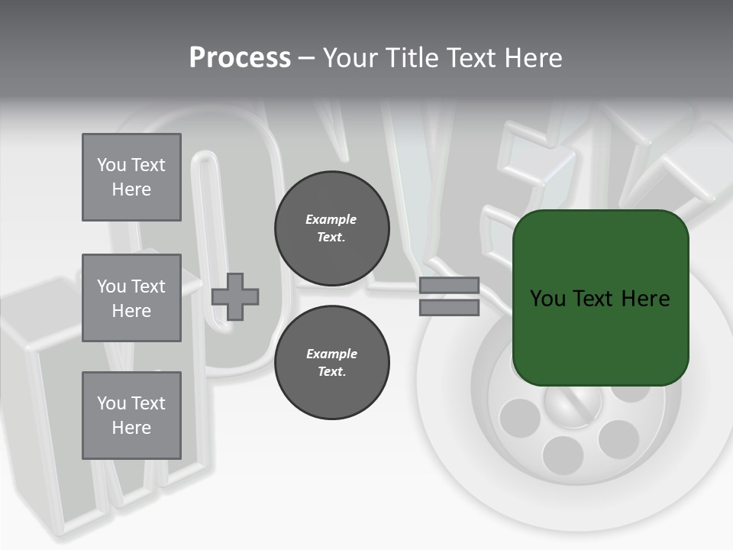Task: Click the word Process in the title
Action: (240, 58)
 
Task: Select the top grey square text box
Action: (131, 177)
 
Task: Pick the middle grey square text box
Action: (131, 298)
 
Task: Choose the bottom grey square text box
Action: (131, 416)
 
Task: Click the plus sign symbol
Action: (235, 296)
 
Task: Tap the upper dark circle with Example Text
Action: (331, 228)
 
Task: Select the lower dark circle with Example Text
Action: (331, 362)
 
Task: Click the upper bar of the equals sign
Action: (450, 286)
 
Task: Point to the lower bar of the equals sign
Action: (450, 308)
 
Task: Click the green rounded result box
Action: (601, 336)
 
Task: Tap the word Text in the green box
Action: (593, 299)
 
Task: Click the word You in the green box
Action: (547, 299)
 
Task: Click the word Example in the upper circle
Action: (331, 219)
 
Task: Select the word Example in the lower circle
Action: (331, 354)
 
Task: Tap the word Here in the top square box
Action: (131, 189)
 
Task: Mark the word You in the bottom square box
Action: (111, 403)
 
